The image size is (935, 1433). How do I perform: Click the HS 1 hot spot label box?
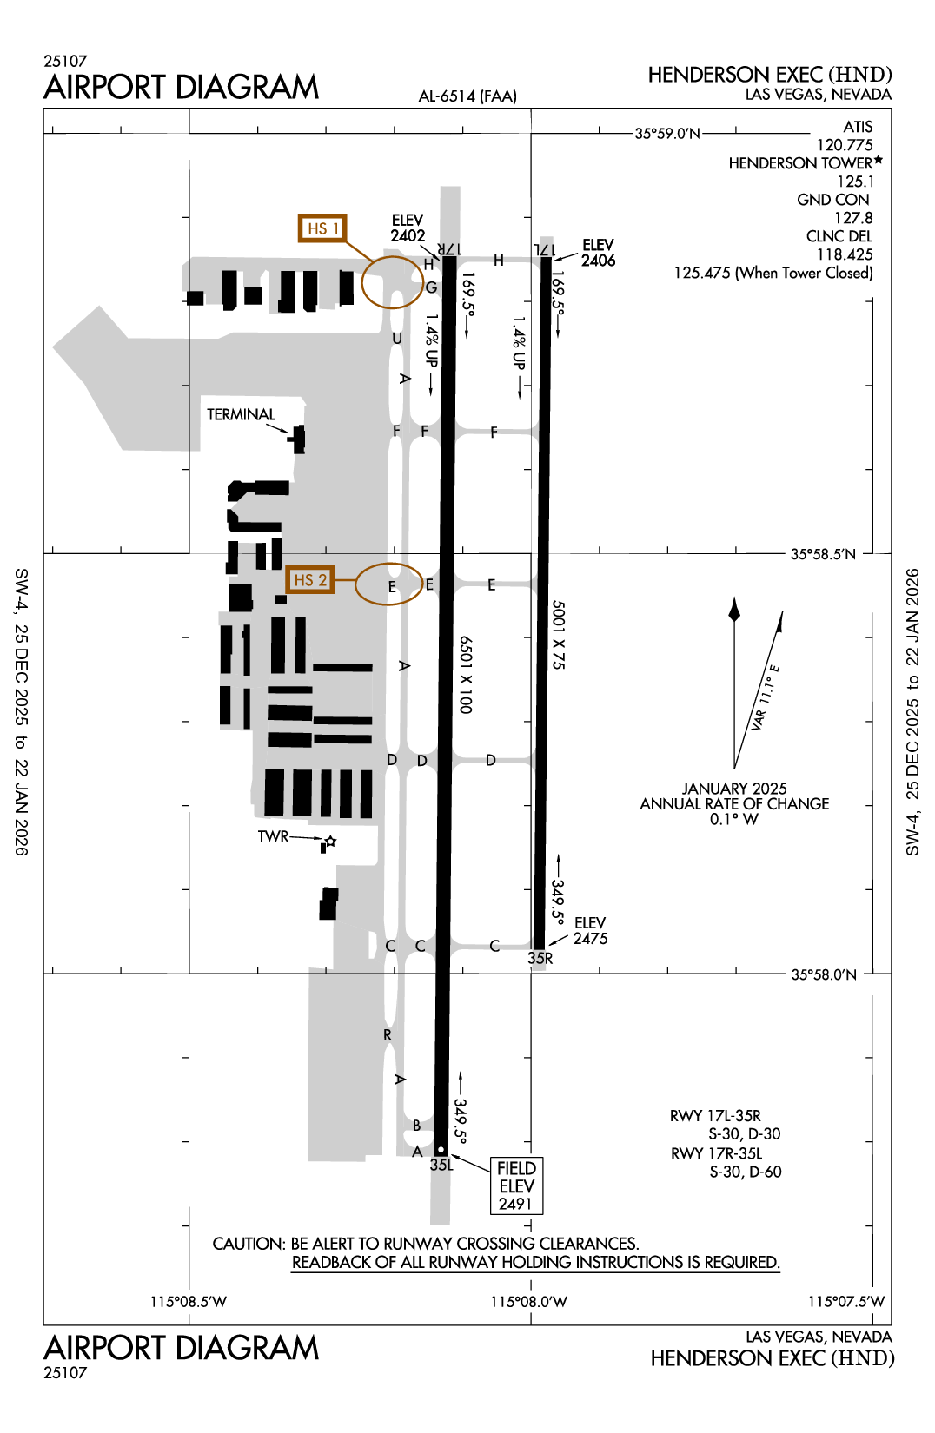[322, 228]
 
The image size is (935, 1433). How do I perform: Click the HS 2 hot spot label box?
[309, 580]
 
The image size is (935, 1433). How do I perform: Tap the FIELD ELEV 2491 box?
[516, 1185]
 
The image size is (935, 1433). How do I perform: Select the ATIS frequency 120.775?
[844, 145]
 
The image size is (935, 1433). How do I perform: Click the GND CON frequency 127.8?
[853, 218]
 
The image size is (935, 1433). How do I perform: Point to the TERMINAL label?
[241, 415]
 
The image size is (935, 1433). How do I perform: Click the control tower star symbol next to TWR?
[331, 842]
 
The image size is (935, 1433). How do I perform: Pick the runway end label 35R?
[540, 958]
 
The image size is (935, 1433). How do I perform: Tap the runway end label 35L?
[441, 1165]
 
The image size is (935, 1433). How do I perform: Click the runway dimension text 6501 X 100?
[466, 675]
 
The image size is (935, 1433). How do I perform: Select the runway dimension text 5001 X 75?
[559, 635]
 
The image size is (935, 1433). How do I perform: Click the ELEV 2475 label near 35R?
[590, 931]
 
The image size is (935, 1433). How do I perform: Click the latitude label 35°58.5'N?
[822, 554]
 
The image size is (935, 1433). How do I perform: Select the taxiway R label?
[388, 1035]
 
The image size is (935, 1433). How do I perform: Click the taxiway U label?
[397, 339]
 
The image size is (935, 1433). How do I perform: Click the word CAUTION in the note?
[249, 1244]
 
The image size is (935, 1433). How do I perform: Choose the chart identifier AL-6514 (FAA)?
[467, 96]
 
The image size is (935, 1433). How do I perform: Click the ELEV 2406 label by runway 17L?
[598, 253]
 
